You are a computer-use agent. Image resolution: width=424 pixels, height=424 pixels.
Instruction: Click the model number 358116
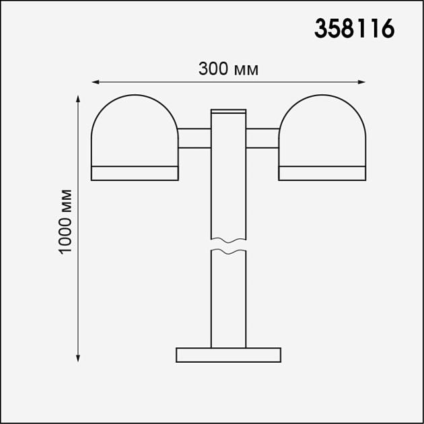(355, 30)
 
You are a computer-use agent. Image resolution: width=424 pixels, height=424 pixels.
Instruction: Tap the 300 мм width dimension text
(229, 69)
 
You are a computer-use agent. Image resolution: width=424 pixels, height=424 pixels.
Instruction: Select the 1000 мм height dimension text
(65, 223)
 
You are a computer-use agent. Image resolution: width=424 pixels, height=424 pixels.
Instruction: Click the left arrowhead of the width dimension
(95, 82)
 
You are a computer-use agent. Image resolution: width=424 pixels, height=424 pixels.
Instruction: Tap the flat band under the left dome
(135, 173)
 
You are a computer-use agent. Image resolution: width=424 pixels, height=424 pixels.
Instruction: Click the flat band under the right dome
(322, 173)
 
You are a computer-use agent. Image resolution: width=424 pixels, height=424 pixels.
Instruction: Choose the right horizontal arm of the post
(262, 137)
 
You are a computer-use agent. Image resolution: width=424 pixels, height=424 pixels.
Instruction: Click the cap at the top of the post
(229, 111)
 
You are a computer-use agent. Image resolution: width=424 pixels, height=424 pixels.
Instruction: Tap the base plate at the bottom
(228, 355)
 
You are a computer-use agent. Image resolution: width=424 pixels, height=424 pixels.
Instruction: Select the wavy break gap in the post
(229, 246)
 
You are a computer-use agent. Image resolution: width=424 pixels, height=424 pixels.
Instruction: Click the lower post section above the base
(229, 299)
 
